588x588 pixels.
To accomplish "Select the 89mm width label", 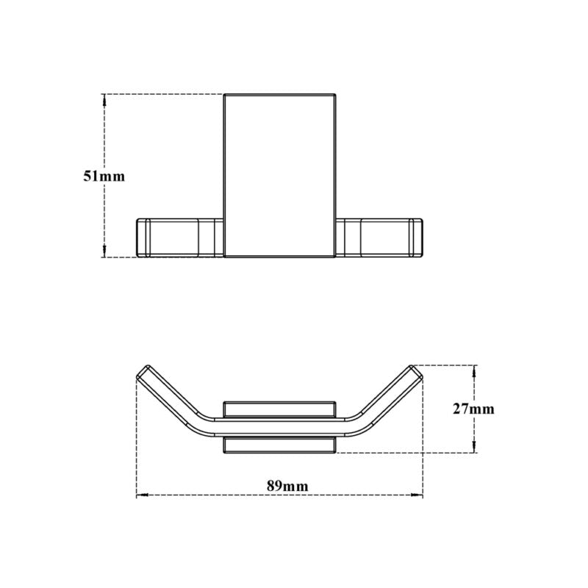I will tap(287, 486).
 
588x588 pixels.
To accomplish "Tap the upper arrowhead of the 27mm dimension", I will tap(475, 370).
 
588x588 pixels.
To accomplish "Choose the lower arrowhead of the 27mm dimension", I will tap(475, 449).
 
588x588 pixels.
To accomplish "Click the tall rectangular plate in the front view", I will tap(280, 176).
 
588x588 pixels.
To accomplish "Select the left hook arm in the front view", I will tap(180, 237).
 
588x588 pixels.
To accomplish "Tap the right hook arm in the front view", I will tap(380, 237).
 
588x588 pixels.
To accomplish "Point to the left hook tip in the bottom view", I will tap(143, 371).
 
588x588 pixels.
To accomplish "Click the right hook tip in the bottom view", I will tap(417, 371).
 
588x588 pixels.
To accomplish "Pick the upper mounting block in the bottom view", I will tap(280, 409).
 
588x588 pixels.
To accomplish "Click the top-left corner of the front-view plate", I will tap(224, 95).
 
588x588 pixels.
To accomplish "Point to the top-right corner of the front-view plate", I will tap(336, 95).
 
